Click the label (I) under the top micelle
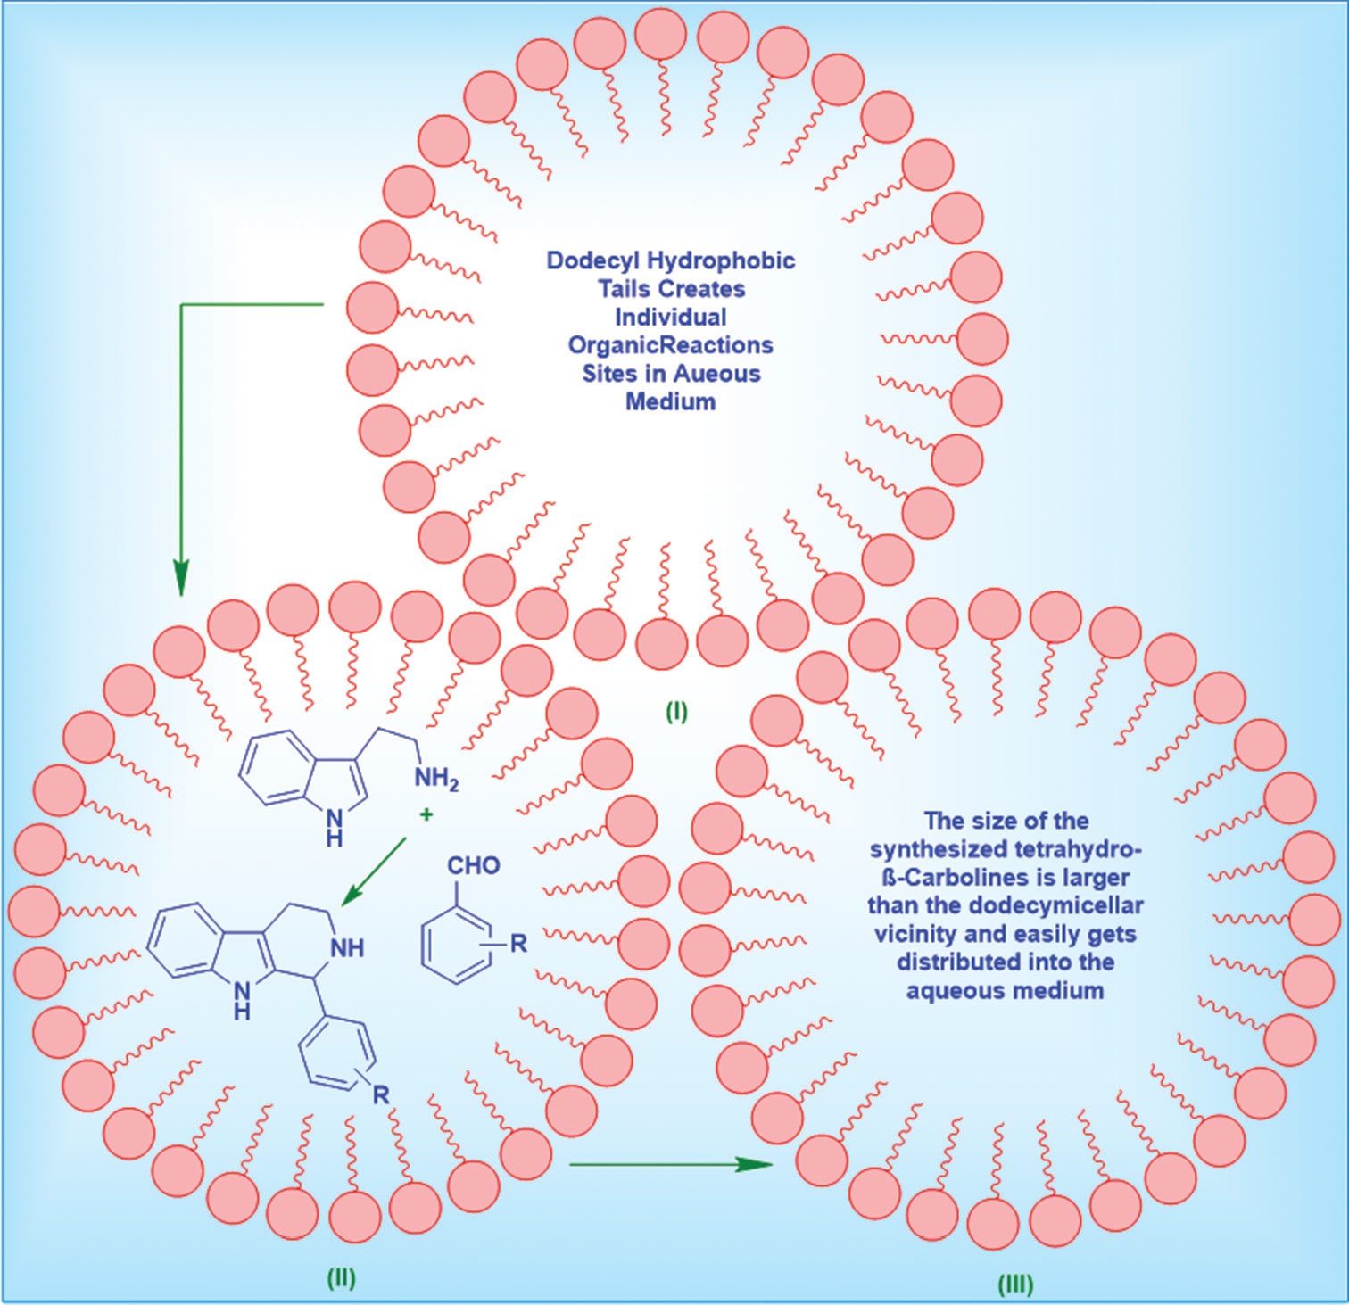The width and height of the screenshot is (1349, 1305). pyautogui.click(x=676, y=712)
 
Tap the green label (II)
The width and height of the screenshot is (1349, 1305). pyautogui.click(x=341, y=1277)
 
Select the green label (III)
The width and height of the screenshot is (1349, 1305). pyautogui.click(x=1014, y=1284)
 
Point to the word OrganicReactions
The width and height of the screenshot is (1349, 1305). pyautogui.click(x=670, y=345)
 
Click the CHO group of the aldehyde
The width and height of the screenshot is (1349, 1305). pyautogui.click(x=473, y=865)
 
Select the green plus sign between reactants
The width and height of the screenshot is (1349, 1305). pyautogui.click(x=426, y=814)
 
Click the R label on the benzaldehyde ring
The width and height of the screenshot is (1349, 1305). pyautogui.click(x=518, y=943)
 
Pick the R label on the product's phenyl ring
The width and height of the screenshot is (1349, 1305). pyautogui.click(x=381, y=1094)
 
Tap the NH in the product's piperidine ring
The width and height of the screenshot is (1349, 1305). pyautogui.click(x=347, y=947)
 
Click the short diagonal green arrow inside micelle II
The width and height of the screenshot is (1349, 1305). pyautogui.click(x=375, y=871)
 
